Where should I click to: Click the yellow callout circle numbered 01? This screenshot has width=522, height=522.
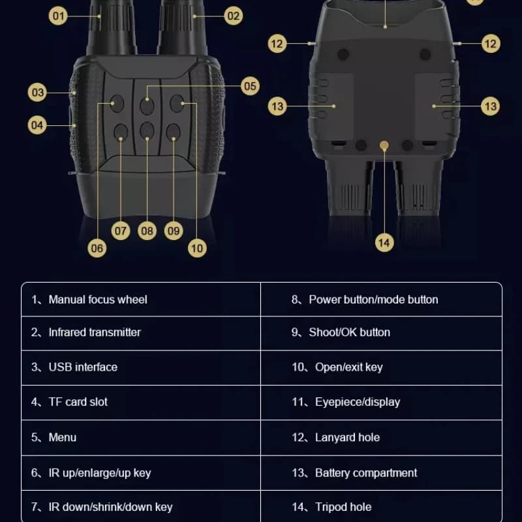[x=58, y=16]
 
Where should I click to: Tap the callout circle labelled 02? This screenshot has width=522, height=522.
[x=233, y=16]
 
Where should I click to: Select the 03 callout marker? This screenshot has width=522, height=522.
[x=37, y=92]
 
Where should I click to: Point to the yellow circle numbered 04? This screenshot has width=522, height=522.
[x=37, y=125]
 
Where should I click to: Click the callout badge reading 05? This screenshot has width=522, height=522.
[x=250, y=86]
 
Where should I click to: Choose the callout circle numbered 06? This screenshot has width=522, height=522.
[x=97, y=248]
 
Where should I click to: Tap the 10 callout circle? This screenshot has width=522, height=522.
[x=197, y=248]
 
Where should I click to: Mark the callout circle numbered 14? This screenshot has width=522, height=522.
[x=384, y=242]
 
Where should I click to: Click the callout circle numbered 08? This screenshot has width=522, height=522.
[x=147, y=231]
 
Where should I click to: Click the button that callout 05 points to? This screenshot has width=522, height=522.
[x=147, y=106]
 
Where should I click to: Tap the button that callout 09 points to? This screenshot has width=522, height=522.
[x=173, y=132]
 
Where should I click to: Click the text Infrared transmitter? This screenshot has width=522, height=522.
[x=95, y=332]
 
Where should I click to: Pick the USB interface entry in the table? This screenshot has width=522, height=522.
[x=83, y=367]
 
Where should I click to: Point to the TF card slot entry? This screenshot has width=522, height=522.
[x=78, y=402]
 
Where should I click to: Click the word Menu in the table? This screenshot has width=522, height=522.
[x=62, y=437]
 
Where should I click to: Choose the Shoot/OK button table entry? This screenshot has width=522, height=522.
[x=350, y=332]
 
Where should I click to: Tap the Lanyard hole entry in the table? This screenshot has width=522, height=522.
[x=347, y=437]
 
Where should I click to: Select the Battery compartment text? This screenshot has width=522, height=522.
[x=366, y=472]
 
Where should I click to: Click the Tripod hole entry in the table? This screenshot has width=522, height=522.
[x=343, y=507]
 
